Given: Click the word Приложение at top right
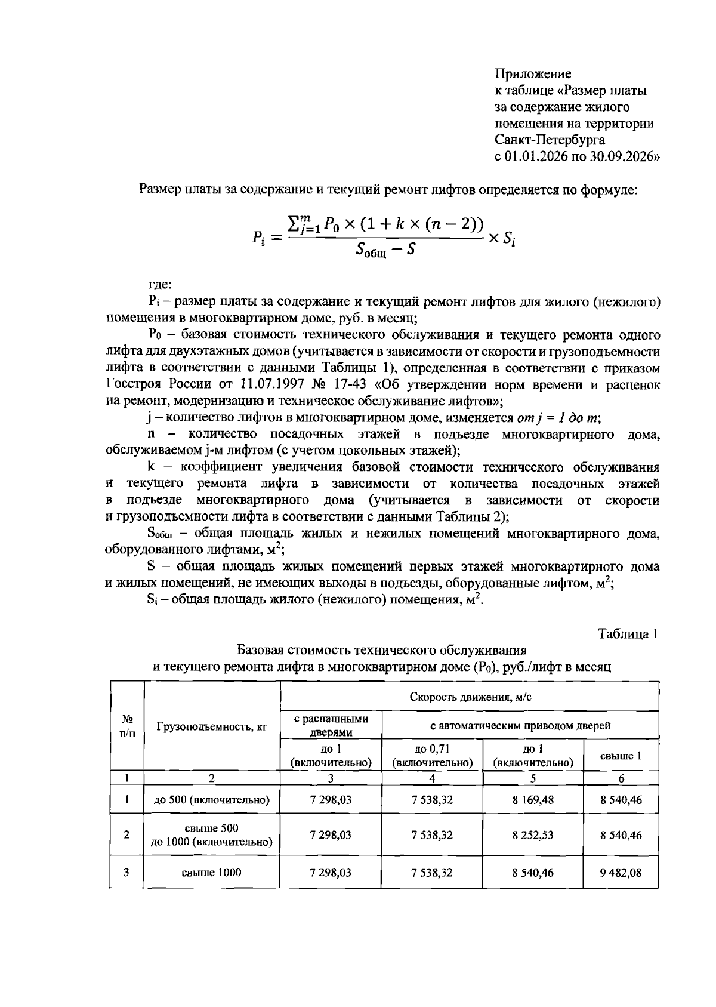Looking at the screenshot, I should [x=533, y=74].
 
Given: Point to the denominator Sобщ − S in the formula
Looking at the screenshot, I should [x=385, y=250].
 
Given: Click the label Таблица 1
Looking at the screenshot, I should [x=628, y=633].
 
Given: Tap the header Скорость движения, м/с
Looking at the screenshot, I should [x=470, y=697].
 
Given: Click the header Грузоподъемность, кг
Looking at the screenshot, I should [x=212, y=726].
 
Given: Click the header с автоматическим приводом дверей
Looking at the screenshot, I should [x=520, y=726].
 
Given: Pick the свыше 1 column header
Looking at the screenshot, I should [x=621, y=756].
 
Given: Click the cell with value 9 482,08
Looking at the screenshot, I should [x=621, y=872].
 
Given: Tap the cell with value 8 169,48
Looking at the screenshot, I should [x=532, y=800].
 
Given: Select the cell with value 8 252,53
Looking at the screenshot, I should [x=532, y=835].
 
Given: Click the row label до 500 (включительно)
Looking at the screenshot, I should [x=212, y=800].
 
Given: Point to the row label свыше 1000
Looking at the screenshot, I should [x=212, y=872].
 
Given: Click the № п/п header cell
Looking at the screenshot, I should [x=126, y=726].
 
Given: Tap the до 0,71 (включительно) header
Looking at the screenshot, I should [x=432, y=756].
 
